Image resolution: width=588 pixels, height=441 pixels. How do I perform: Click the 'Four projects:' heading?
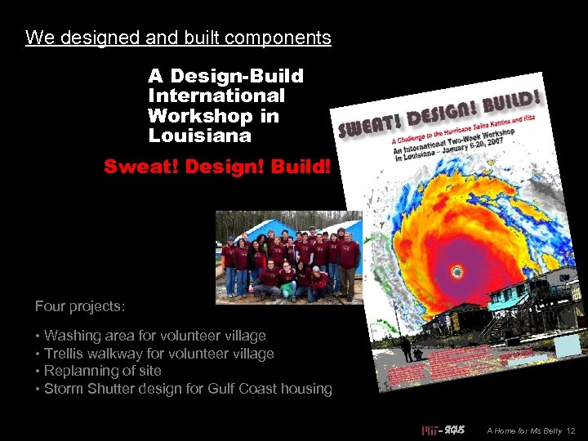(80, 306)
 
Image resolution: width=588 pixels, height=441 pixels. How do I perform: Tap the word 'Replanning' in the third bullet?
(81, 371)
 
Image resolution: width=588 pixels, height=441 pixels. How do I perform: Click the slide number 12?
(571, 430)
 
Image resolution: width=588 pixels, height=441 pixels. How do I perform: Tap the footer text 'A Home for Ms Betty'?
(523, 430)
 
